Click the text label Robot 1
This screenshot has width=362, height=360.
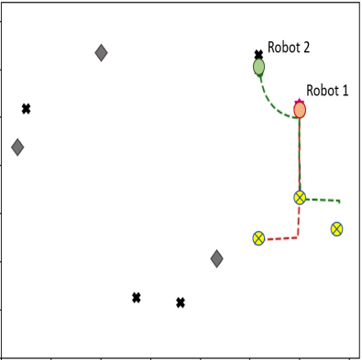(327, 90)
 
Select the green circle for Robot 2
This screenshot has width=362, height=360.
(259, 67)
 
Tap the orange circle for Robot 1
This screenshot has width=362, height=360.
(300, 110)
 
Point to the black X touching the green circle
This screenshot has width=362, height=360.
(258, 56)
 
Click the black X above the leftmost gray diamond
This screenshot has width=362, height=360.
(26, 109)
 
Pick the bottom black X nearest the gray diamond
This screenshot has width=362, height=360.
(181, 302)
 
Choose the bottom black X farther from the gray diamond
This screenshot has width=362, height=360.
(136, 298)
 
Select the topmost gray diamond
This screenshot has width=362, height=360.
(101, 53)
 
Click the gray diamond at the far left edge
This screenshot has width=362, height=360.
(16, 147)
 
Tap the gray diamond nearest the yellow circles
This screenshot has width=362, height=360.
(216, 259)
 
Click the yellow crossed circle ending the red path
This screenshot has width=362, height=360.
(258, 238)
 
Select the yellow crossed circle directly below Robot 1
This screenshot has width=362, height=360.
(300, 198)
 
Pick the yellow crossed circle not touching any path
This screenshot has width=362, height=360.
(336, 229)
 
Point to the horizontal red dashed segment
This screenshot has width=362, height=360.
(280, 239)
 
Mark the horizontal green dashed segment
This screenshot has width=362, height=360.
(323, 200)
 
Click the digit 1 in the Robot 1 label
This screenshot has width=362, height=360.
(346, 90)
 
